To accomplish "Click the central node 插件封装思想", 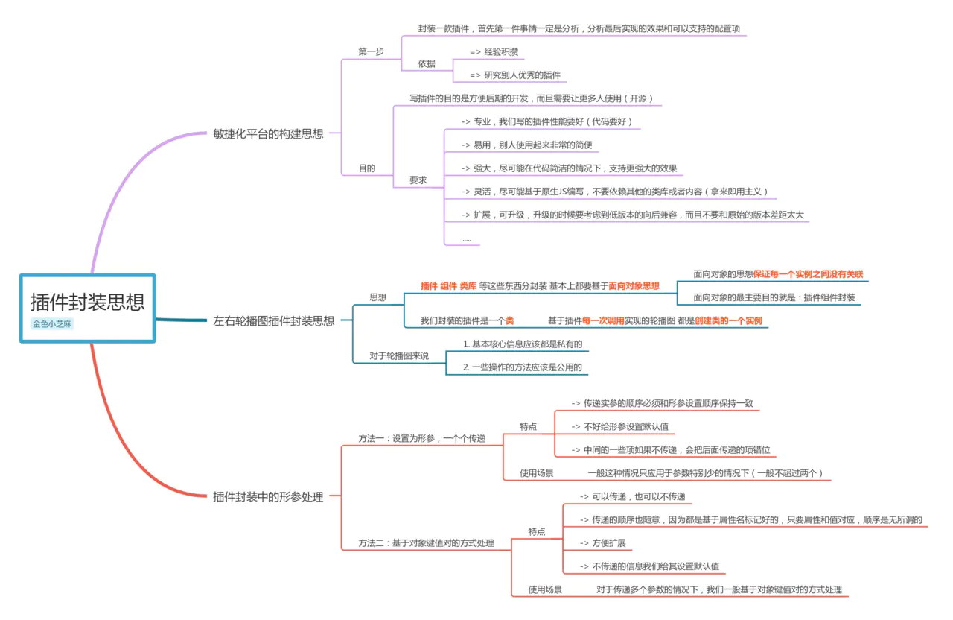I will point(87,302).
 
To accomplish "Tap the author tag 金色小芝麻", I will point(53,324).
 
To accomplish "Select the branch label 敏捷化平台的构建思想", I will point(268,134).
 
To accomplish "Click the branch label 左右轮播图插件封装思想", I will point(273,321).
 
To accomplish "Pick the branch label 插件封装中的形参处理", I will point(268,497).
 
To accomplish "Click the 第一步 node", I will point(371,51).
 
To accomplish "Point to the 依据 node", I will point(427,63).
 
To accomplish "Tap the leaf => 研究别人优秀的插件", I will point(514,75).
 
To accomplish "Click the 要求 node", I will point(418,180).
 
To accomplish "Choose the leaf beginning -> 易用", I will point(526,145).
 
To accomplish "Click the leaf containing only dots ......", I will point(465,238).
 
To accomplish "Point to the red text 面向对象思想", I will point(634,285).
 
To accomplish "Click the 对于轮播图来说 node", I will point(399,355).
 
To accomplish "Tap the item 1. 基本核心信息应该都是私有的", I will point(522,344).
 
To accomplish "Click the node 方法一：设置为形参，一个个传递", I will point(421,438).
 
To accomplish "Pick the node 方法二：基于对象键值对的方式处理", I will point(426,543).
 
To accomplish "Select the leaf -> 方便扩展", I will point(603,542).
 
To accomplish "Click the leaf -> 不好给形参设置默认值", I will point(619,427).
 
